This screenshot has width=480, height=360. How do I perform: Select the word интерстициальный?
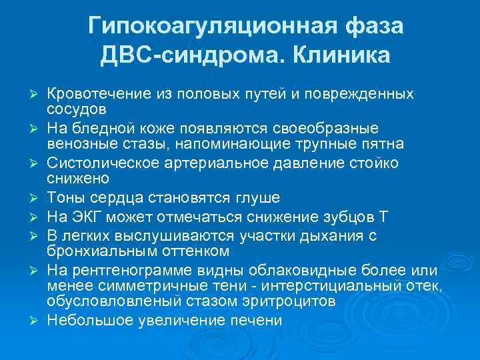pyautogui.click(x=330, y=286)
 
